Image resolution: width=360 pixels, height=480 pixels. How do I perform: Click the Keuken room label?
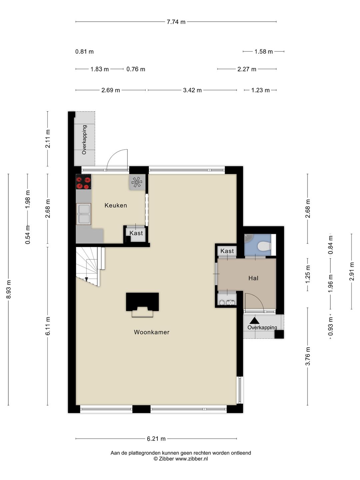[x=116, y=205]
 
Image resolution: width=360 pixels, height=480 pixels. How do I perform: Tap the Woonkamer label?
[x=151, y=332]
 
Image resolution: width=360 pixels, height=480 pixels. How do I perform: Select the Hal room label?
[x=253, y=278]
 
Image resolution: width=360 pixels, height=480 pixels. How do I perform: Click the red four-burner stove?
[x=83, y=182]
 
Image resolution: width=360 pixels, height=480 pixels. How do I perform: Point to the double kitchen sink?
[x=83, y=214]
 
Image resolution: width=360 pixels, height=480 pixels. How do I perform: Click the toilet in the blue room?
[x=264, y=246]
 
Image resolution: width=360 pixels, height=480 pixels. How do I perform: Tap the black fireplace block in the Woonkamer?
[x=142, y=302]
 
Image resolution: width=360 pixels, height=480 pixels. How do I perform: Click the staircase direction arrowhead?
[x=87, y=279]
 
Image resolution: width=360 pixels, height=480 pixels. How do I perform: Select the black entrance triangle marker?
[x=254, y=321]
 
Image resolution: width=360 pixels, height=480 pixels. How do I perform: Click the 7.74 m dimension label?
[x=176, y=22]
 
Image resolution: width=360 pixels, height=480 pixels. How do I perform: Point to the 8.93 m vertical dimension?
[x=9, y=289]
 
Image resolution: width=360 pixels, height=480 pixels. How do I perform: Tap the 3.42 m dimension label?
[x=192, y=90]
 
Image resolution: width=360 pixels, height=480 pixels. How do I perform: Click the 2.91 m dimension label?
[x=351, y=271]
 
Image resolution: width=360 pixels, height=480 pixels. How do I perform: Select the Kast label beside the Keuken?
[x=136, y=233]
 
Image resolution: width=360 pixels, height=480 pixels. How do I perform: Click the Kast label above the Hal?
[x=227, y=251]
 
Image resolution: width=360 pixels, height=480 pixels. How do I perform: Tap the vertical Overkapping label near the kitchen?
[x=84, y=140]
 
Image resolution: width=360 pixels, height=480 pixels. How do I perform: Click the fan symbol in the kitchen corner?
[x=137, y=182]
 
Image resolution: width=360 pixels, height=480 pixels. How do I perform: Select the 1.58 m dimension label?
[x=263, y=52]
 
